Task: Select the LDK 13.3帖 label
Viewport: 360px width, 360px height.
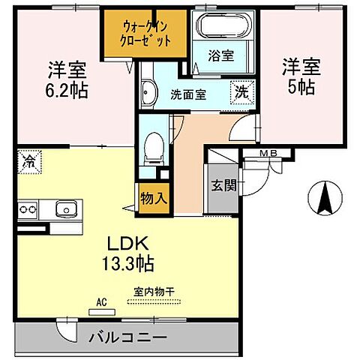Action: tap(131, 253)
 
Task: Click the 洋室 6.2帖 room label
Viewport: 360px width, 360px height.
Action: tap(64, 78)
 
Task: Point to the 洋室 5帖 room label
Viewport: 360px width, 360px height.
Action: tap(301, 75)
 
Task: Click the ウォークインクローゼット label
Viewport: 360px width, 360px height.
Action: tap(148, 32)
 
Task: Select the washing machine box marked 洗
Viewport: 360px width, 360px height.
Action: tap(242, 91)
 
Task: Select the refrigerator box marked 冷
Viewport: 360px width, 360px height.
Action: tap(29, 161)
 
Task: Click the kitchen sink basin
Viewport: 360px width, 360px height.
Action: tap(65, 208)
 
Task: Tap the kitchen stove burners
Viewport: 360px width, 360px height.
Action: tap(27, 208)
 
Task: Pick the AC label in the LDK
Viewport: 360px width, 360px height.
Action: tap(102, 302)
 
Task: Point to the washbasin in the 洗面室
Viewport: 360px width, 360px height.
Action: tap(148, 94)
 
